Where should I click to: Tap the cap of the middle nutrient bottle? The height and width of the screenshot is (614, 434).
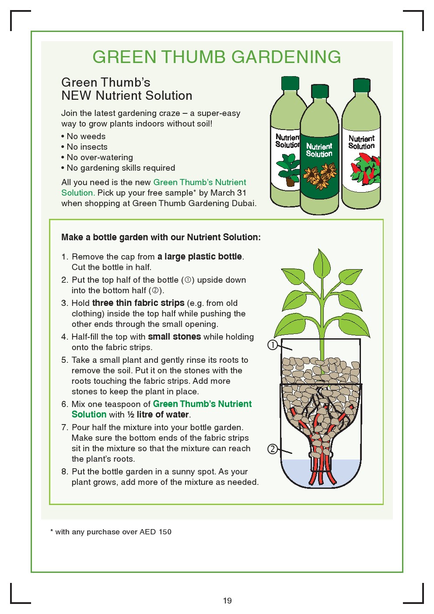click(x=320, y=91)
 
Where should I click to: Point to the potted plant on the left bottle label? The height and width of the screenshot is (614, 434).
click(x=288, y=170)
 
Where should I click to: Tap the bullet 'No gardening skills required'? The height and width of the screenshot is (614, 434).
click(x=121, y=168)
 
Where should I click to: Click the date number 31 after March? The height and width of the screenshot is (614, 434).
click(x=241, y=193)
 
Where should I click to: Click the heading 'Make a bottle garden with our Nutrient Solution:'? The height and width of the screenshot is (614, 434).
click(x=161, y=237)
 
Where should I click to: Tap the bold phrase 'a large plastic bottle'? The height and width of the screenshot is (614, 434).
click(x=199, y=256)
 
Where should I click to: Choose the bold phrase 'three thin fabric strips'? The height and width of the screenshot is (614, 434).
click(x=138, y=303)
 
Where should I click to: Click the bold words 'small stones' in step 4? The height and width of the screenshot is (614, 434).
click(x=174, y=337)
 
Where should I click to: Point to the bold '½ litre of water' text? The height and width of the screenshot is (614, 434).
click(x=158, y=414)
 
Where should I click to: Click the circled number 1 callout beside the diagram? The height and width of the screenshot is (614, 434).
click(x=273, y=345)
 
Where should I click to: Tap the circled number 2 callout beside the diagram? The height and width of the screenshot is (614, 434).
click(x=273, y=449)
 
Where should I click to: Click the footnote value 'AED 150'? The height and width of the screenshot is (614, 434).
click(x=155, y=532)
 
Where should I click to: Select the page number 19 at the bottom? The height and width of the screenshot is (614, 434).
click(x=227, y=600)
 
